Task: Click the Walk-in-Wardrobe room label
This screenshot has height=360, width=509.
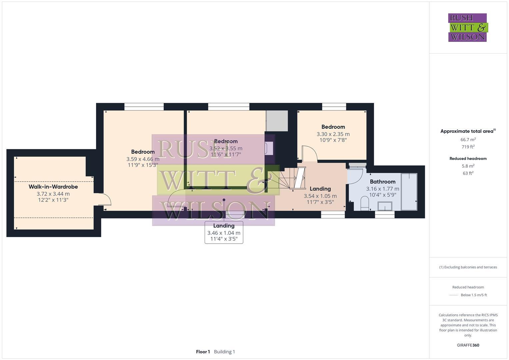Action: (x=53, y=187)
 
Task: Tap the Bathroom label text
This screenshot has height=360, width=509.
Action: (x=382, y=182)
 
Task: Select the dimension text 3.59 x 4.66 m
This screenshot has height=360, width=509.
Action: (x=143, y=159)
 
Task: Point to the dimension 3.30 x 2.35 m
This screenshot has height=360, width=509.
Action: (x=333, y=134)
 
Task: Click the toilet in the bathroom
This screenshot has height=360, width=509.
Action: (x=365, y=203)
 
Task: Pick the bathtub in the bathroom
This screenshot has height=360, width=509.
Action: (x=409, y=192)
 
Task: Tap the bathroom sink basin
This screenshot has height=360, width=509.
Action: (x=385, y=206)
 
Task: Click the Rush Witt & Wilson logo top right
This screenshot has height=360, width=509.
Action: (x=467, y=28)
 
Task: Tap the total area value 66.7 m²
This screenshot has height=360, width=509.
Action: (x=468, y=140)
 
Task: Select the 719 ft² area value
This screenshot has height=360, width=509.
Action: (x=468, y=147)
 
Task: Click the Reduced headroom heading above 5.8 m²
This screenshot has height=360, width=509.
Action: (x=468, y=159)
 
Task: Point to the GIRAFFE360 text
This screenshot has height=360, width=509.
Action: (x=468, y=345)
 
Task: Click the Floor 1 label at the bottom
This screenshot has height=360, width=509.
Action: (x=203, y=352)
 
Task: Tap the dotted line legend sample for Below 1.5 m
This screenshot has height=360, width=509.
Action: (x=453, y=295)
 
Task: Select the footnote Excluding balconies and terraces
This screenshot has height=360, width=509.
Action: (x=468, y=267)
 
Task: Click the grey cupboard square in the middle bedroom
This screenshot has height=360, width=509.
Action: (x=277, y=121)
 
